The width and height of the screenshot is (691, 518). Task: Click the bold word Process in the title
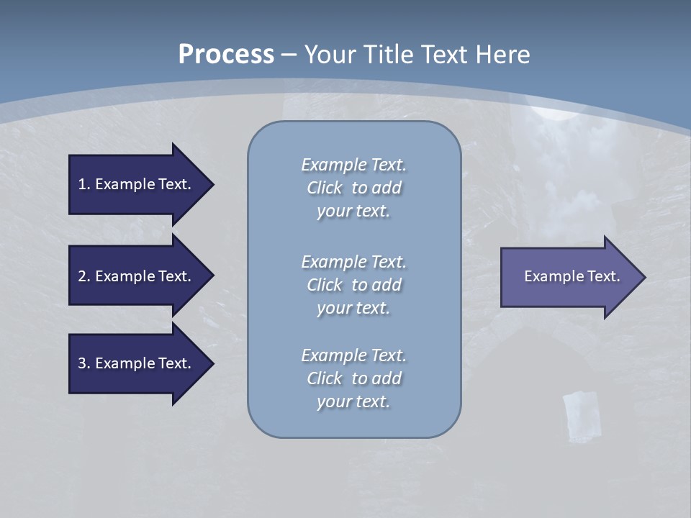tap(226, 55)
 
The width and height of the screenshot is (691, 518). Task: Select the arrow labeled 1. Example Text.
tap(137, 184)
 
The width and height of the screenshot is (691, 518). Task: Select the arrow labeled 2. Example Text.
tap(137, 276)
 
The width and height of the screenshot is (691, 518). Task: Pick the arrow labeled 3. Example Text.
tap(137, 363)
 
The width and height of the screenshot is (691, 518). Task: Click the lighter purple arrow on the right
tap(569, 277)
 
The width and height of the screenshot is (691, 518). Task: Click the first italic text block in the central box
tap(353, 188)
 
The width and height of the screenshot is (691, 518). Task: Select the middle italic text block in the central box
tap(353, 284)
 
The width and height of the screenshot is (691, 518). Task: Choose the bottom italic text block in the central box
tap(353, 378)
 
